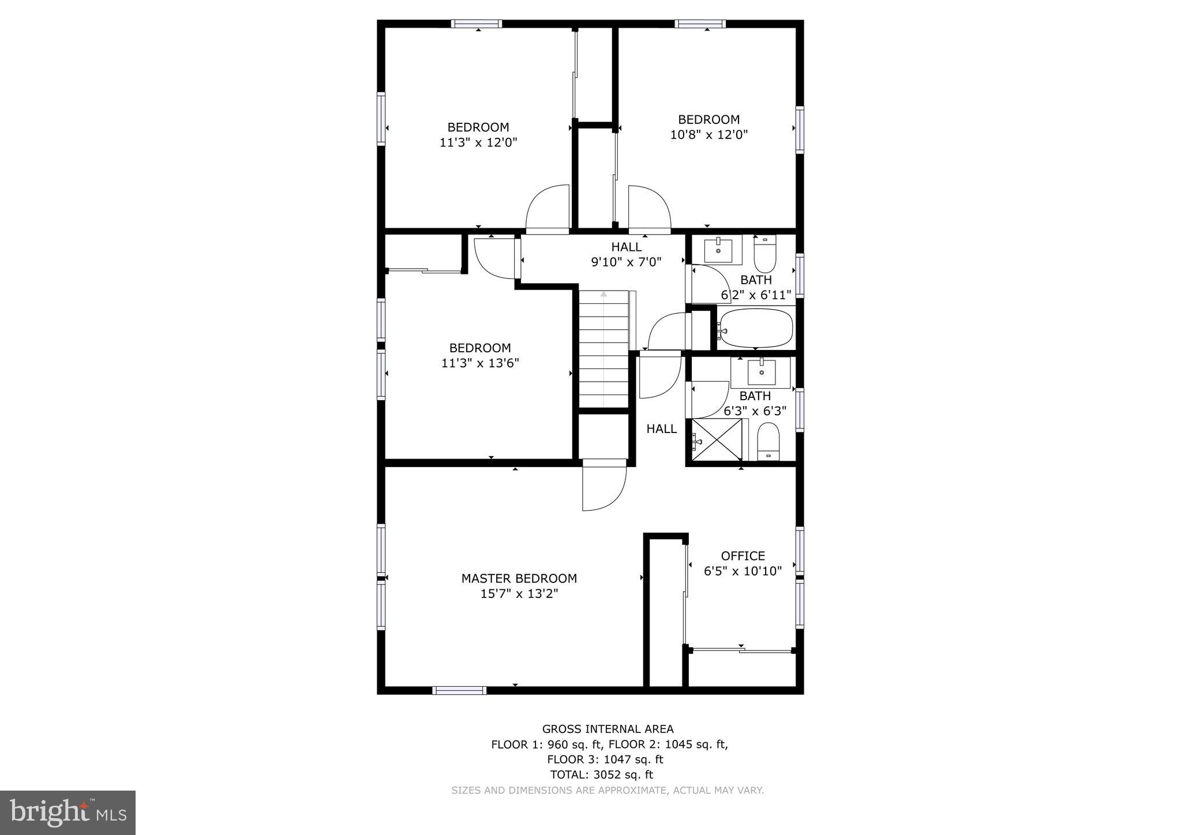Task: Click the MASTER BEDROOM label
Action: pyautogui.click(x=519, y=578)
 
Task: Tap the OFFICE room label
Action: pyautogui.click(x=743, y=556)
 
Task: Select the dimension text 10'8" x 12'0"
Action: pyautogui.click(x=708, y=135)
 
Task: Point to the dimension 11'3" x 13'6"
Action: pyautogui.click(x=480, y=363)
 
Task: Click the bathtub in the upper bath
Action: pyautogui.click(x=755, y=328)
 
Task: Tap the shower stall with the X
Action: pyautogui.click(x=717, y=440)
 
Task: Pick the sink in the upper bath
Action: pyautogui.click(x=718, y=250)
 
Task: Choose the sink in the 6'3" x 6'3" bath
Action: pyautogui.click(x=761, y=372)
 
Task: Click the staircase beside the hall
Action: pyautogui.click(x=603, y=349)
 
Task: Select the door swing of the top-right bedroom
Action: pyautogui.click(x=648, y=209)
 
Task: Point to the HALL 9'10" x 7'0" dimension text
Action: pyautogui.click(x=626, y=262)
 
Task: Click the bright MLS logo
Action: pyautogui.click(x=68, y=813)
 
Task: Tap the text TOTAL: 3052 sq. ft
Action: pyautogui.click(x=601, y=774)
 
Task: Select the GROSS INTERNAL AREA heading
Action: pyautogui.click(x=608, y=729)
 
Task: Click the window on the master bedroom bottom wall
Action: pyautogui.click(x=459, y=690)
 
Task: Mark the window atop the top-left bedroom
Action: pyautogui.click(x=476, y=24)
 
